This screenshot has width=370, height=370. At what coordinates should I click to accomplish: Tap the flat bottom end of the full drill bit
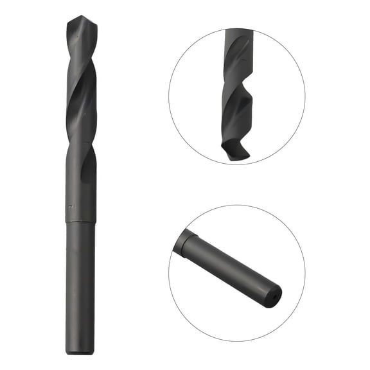coord(80,353)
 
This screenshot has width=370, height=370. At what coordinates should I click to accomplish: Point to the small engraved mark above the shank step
coord(69,207)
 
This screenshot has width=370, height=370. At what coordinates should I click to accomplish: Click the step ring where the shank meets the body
coord(80,222)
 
